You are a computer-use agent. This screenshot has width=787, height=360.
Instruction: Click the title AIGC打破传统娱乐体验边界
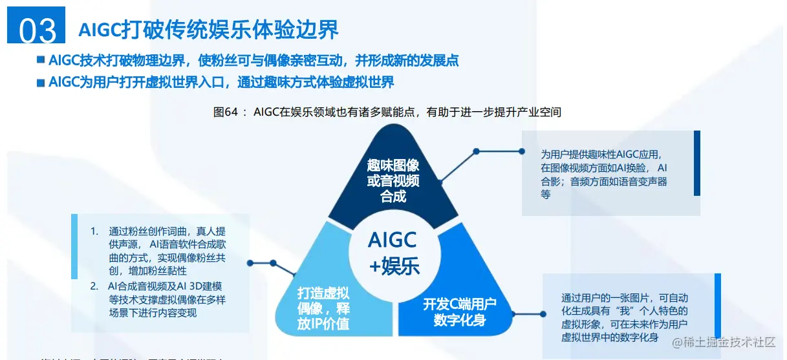(208, 30)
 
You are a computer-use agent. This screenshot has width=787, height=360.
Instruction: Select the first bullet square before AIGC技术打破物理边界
(41, 60)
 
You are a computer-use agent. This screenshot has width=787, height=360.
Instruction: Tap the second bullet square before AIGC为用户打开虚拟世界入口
(41, 83)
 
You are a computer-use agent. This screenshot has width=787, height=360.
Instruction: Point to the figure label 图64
(226, 112)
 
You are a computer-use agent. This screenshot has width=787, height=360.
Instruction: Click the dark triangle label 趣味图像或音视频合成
(393, 180)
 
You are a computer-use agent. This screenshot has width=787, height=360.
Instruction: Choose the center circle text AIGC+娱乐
(394, 252)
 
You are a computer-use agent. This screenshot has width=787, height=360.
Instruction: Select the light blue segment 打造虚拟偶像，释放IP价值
(323, 308)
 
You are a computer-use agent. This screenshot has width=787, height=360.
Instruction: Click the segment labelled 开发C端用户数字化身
(460, 312)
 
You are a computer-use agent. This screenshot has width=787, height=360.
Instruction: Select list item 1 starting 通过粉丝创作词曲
(162, 251)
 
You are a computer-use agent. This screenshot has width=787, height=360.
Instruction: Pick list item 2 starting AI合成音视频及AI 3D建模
(162, 299)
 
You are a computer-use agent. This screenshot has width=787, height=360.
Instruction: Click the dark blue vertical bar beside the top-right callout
(696, 163)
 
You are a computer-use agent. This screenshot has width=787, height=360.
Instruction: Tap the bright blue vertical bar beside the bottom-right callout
(717, 312)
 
